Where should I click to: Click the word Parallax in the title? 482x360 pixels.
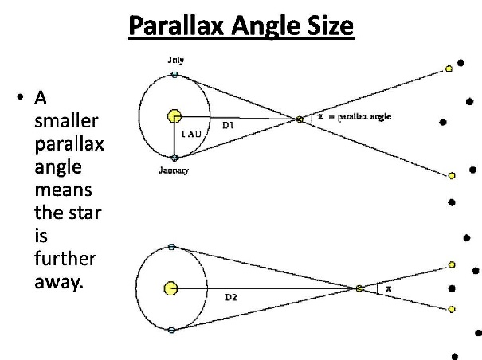click(176, 25)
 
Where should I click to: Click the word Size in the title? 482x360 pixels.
click(330, 25)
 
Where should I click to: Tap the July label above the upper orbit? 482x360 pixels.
click(176, 60)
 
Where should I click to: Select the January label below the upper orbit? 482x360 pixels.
click(174, 170)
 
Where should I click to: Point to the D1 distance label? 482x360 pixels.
click(228, 125)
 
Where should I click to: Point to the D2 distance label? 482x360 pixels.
click(231, 297)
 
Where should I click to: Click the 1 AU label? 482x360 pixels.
click(191, 134)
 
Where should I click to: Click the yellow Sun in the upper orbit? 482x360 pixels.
click(174, 116)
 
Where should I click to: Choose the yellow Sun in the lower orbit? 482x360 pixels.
click(171, 288)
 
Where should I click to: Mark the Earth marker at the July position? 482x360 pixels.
click(174, 74)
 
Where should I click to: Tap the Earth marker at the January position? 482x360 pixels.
click(174, 158)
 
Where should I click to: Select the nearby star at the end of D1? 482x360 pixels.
click(300, 119)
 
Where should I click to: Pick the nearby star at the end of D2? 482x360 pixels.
click(359, 288)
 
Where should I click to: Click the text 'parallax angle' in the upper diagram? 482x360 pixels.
click(364, 117)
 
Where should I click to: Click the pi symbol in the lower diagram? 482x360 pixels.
click(389, 288)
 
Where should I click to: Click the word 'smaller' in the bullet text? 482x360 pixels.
click(66, 121)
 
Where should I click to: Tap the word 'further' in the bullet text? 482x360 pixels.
click(65, 259)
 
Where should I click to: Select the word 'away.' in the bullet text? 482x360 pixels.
click(59, 282)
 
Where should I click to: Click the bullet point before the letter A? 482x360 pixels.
click(20, 97)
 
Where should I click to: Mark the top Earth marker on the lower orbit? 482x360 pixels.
click(171, 247)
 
